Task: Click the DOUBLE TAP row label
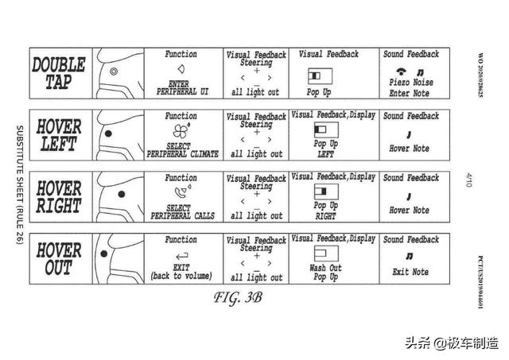pyautogui.click(x=58, y=73)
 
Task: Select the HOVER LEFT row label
pyautogui.click(x=58, y=135)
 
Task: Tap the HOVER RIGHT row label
pyautogui.click(x=58, y=197)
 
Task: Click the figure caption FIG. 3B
pyautogui.click(x=236, y=299)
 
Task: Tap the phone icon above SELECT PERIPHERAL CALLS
pyautogui.click(x=181, y=193)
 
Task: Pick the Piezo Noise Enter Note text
pyautogui.click(x=410, y=87)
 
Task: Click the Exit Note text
pyautogui.click(x=410, y=272)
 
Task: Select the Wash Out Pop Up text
pyautogui.click(x=324, y=273)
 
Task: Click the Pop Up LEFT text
pyautogui.click(x=324, y=149)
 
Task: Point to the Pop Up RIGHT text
pyautogui.click(x=324, y=211)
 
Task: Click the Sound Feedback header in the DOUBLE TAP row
pyautogui.click(x=410, y=54)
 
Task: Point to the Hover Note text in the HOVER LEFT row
pyautogui.click(x=410, y=149)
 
